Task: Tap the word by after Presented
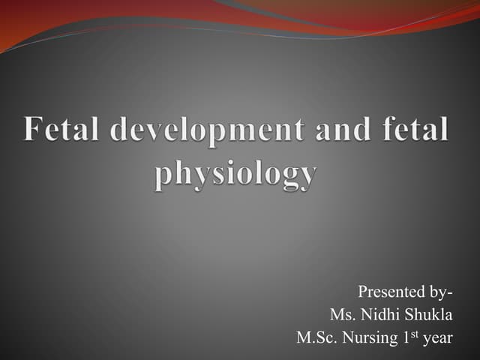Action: [x=439, y=292]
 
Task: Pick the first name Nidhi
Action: [x=382, y=314]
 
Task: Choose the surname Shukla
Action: [x=430, y=314]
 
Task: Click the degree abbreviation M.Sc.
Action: [x=316, y=338]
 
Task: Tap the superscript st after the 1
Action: [x=412, y=333]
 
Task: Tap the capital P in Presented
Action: [x=362, y=291]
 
